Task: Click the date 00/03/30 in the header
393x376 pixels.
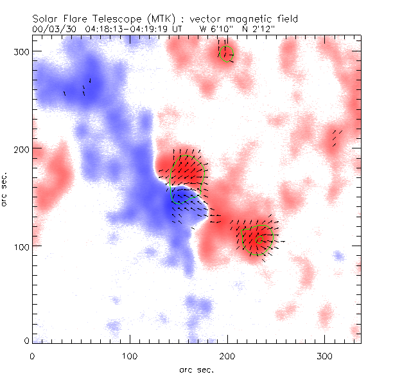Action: (54, 29)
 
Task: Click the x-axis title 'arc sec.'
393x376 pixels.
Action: (196, 369)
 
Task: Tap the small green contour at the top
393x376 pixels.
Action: (225, 53)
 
